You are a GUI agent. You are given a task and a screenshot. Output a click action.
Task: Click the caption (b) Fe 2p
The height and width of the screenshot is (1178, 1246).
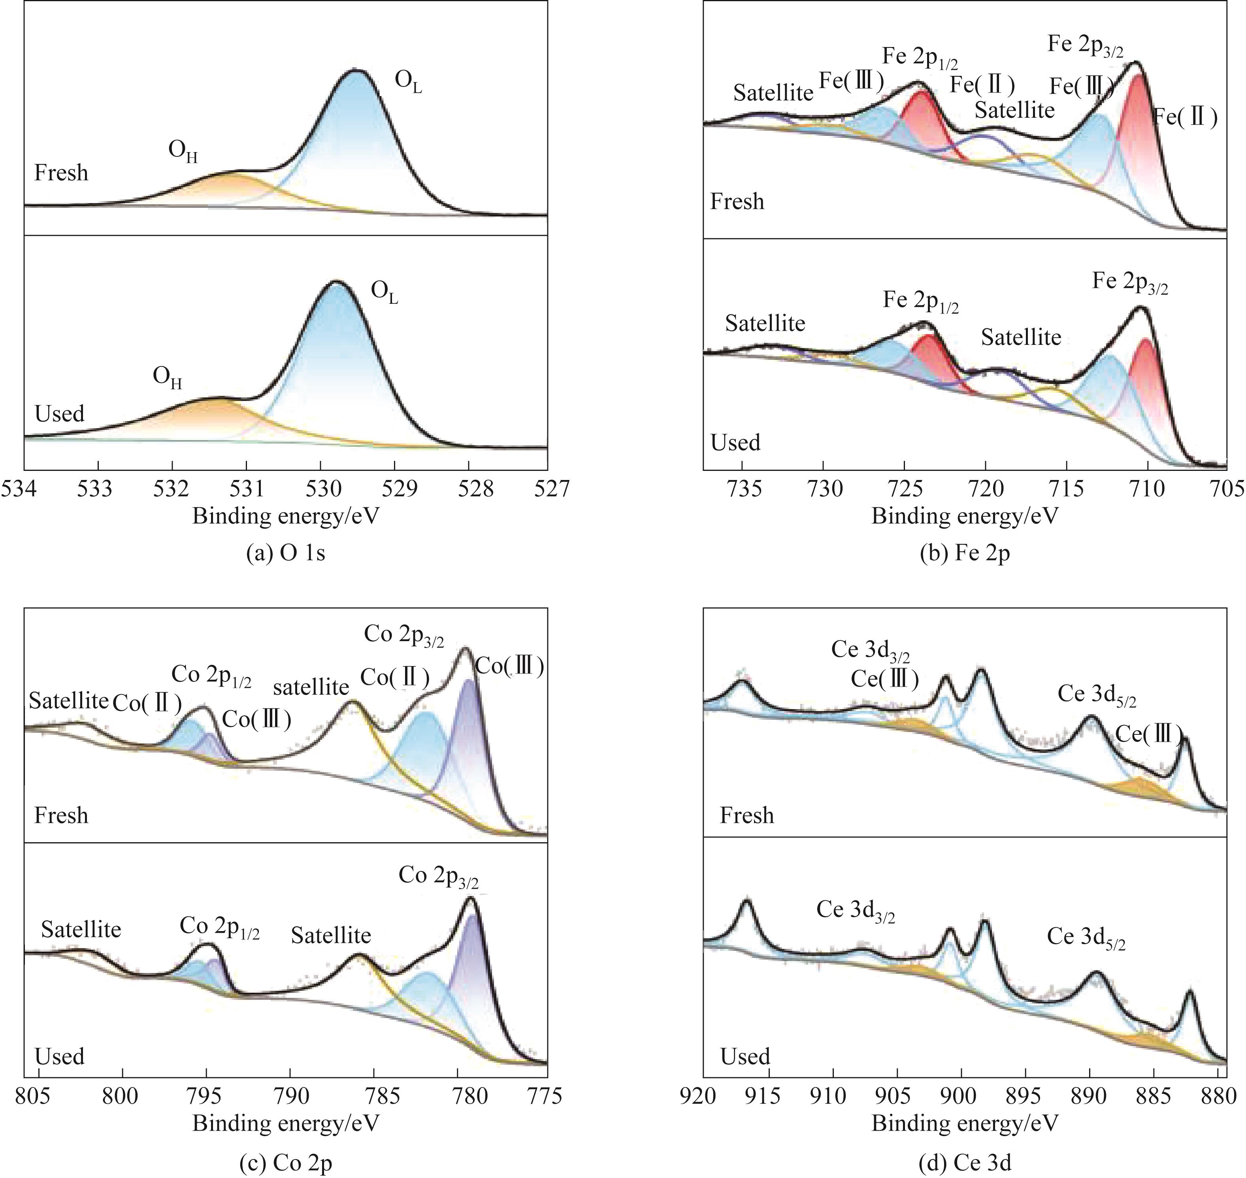965,553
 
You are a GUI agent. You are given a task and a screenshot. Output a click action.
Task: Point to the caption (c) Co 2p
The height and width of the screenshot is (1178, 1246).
286,1163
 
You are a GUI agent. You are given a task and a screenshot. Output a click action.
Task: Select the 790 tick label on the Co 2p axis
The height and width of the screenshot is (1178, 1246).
290,1096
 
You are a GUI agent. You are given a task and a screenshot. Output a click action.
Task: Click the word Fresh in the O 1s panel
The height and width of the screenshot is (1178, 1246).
61,173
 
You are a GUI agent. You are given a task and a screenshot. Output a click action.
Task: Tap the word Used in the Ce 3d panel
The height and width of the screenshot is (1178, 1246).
745,1056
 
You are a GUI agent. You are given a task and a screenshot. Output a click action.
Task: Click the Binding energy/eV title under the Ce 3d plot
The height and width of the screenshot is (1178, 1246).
965,1123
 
